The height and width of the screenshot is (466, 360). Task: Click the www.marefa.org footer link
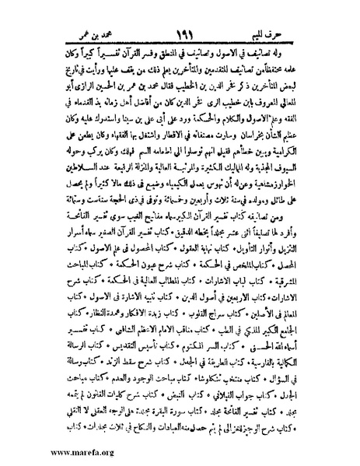(x=39, y=451)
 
